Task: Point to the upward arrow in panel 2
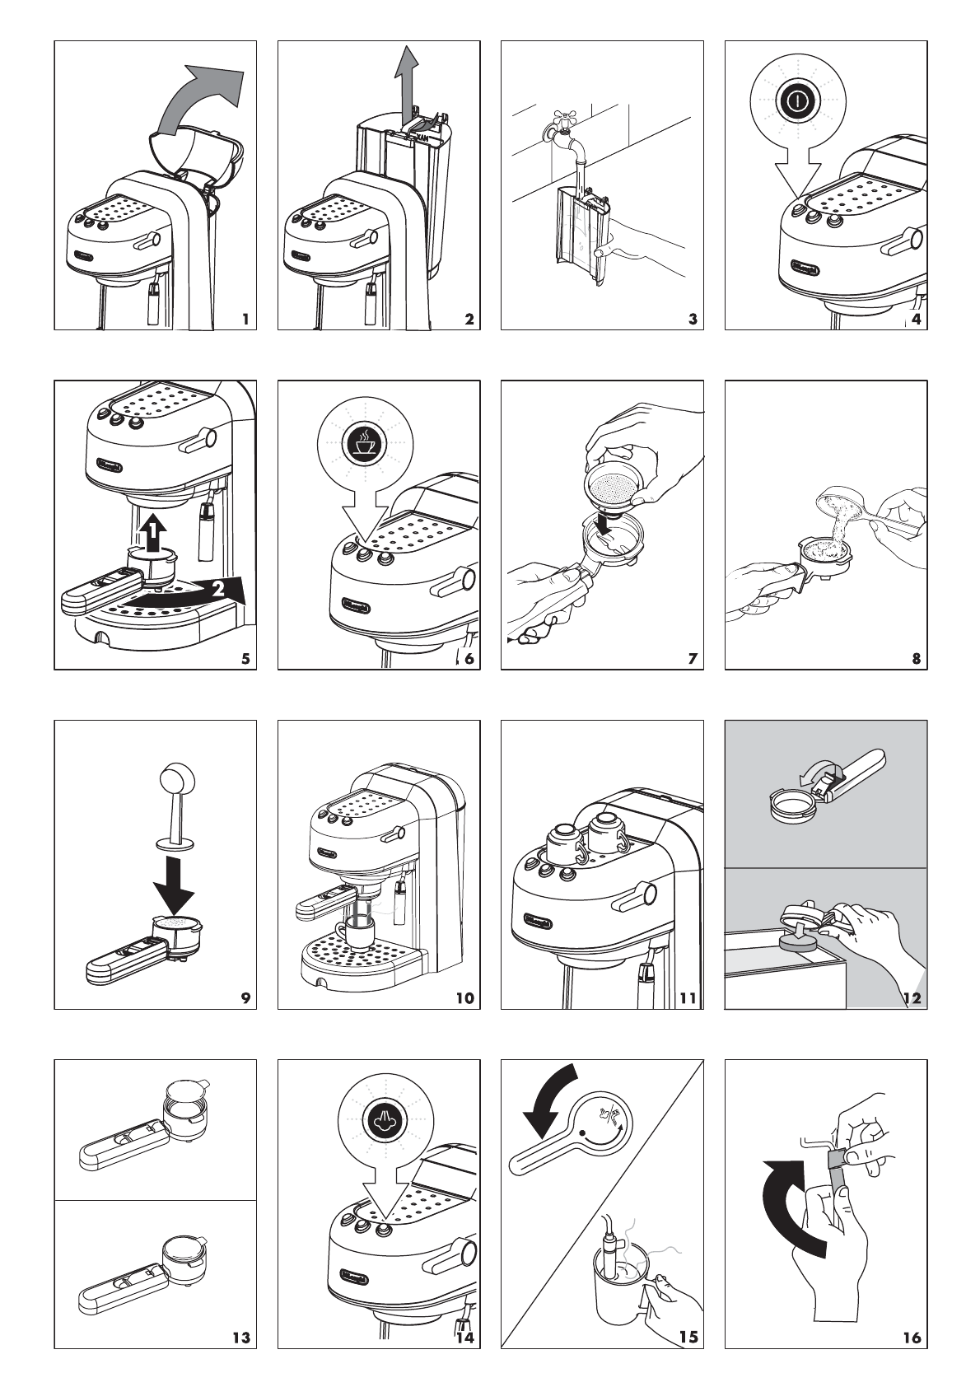[404, 82]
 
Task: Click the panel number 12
[911, 998]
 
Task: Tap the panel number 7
[692, 658]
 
